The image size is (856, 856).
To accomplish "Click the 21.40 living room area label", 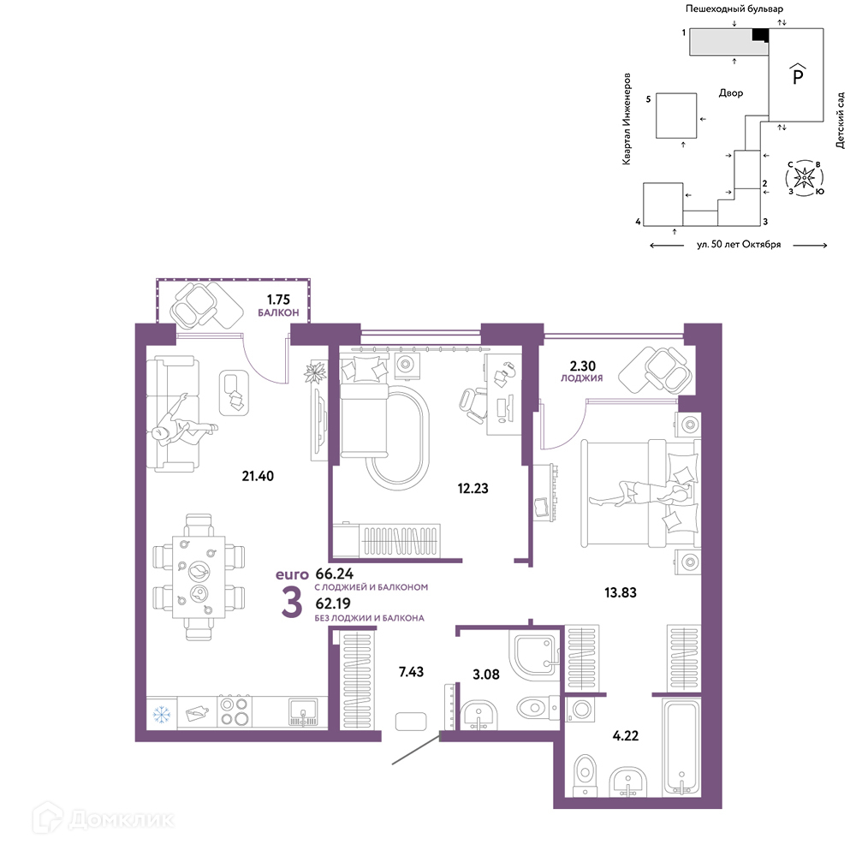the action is click(258, 476).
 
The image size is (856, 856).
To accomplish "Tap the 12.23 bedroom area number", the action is click(473, 488).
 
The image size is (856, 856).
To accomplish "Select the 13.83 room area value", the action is click(620, 592).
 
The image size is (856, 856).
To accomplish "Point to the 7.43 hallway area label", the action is click(411, 672).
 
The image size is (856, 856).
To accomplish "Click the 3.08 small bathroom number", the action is click(486, 675).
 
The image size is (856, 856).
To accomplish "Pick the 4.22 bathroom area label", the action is click(625, 736).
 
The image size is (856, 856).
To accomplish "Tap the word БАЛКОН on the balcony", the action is click(278, 312).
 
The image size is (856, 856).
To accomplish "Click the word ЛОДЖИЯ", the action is click(581, 377).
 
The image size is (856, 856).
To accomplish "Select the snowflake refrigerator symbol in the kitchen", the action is click(162, 714).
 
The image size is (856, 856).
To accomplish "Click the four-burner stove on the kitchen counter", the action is click(235, 711).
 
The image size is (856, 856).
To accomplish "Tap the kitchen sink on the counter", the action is click(303, 712).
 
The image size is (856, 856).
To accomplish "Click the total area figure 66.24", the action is click(335, 574).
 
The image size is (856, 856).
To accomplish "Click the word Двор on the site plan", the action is click(731, 92).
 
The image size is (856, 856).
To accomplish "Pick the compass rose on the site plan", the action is click(804, 178).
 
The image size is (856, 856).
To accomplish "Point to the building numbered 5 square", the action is click(676, 116).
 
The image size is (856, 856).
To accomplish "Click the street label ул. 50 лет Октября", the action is click(739, 245).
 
